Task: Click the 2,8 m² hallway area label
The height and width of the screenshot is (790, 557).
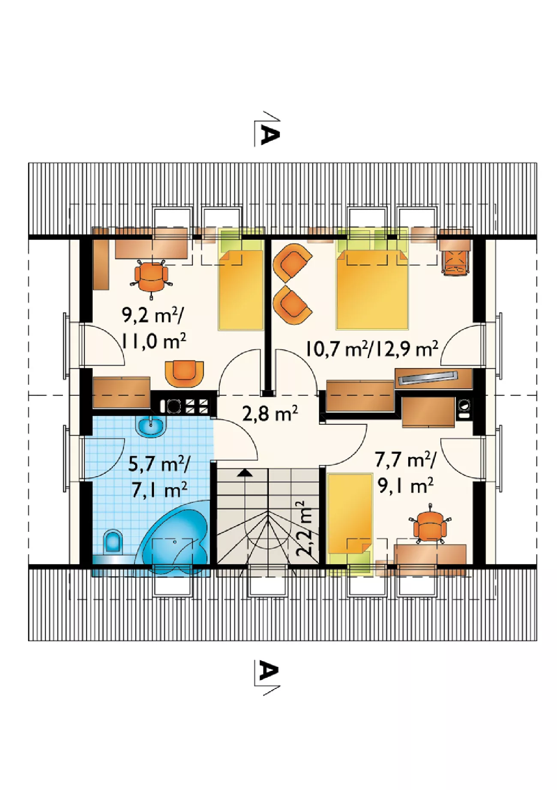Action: pos(270,413)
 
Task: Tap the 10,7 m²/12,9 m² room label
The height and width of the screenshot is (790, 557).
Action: pos(372,349)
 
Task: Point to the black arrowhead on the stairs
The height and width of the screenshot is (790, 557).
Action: pos(245,473)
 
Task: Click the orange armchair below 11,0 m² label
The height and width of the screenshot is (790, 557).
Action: pos(184,373)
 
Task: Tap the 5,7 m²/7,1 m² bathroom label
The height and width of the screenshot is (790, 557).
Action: pos(159,477)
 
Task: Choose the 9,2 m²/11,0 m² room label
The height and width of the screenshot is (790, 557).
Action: pos(154,329)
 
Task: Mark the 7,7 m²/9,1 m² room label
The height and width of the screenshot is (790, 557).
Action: pos(405,473)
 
